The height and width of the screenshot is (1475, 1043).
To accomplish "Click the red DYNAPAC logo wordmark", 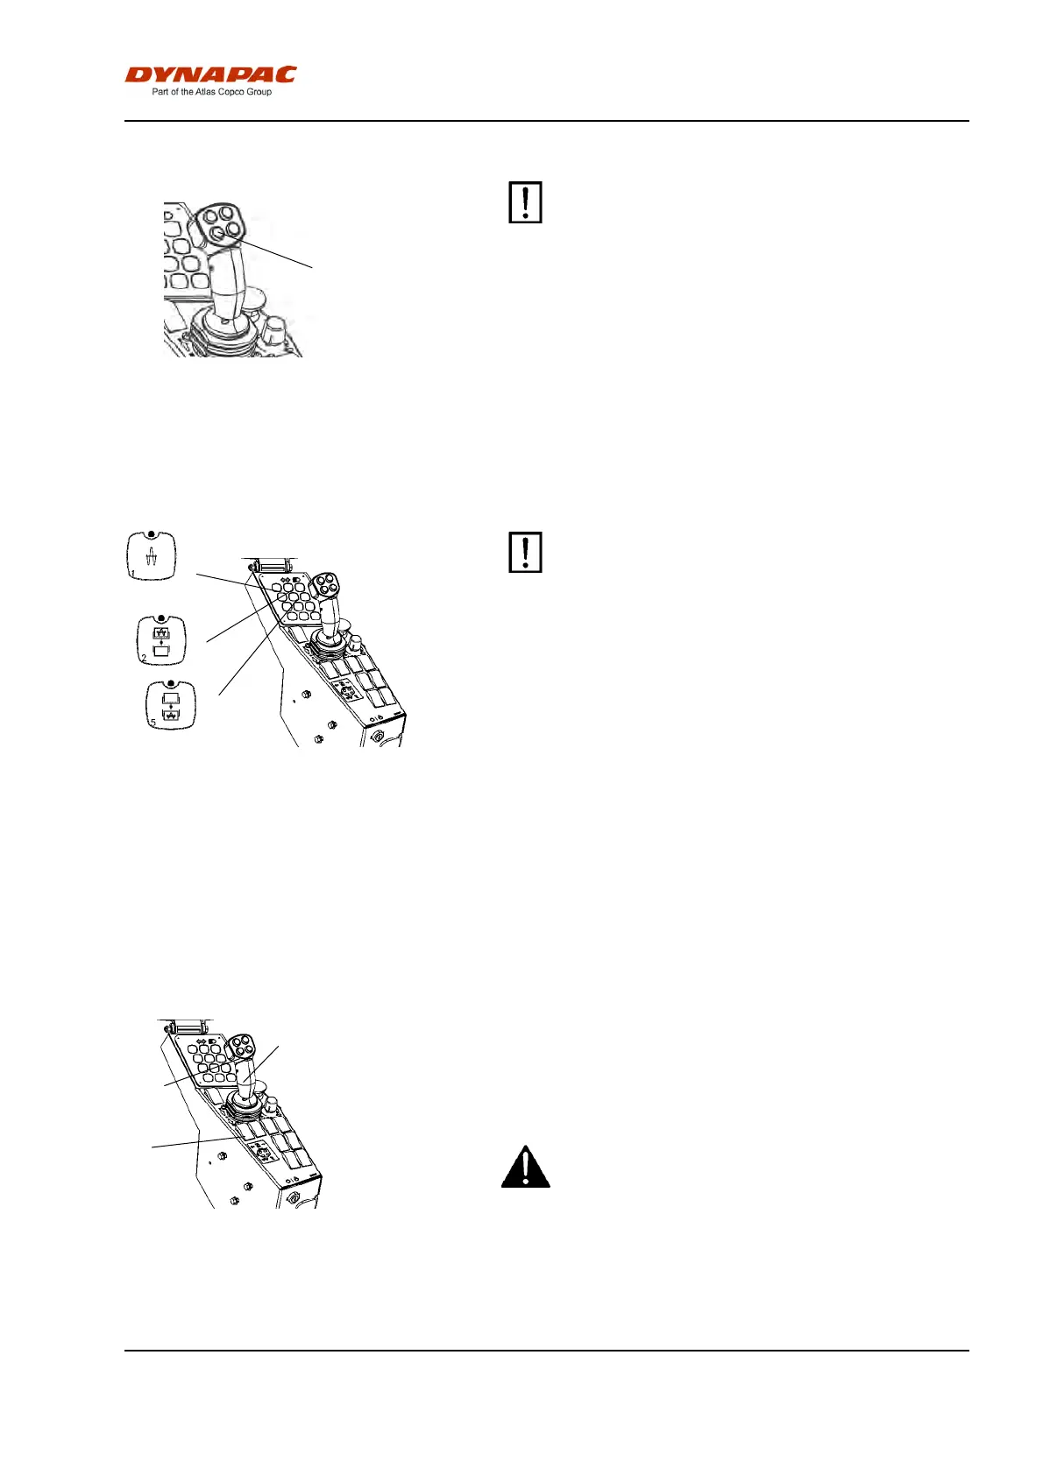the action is [x=210, y=75].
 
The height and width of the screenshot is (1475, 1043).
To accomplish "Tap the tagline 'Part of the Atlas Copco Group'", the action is [x=211, y=92].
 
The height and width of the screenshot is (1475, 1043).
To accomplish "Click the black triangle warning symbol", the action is [x=525, y=1167].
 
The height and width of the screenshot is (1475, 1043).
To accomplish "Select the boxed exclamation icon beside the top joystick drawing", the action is [x=525, y=202].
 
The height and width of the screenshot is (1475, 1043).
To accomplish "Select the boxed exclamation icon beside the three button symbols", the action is [x=525, y=552].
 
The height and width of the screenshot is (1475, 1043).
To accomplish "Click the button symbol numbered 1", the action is [x=152, y=555].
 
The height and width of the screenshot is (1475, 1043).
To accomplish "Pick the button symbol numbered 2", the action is [x=161, y=641].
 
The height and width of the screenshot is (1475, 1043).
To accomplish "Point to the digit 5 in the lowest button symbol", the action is [x=153, y=723].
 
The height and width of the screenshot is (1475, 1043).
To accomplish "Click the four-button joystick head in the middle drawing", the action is [x=330, y=585].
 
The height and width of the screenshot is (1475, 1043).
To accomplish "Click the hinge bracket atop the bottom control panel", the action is [x=187, y=1026].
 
